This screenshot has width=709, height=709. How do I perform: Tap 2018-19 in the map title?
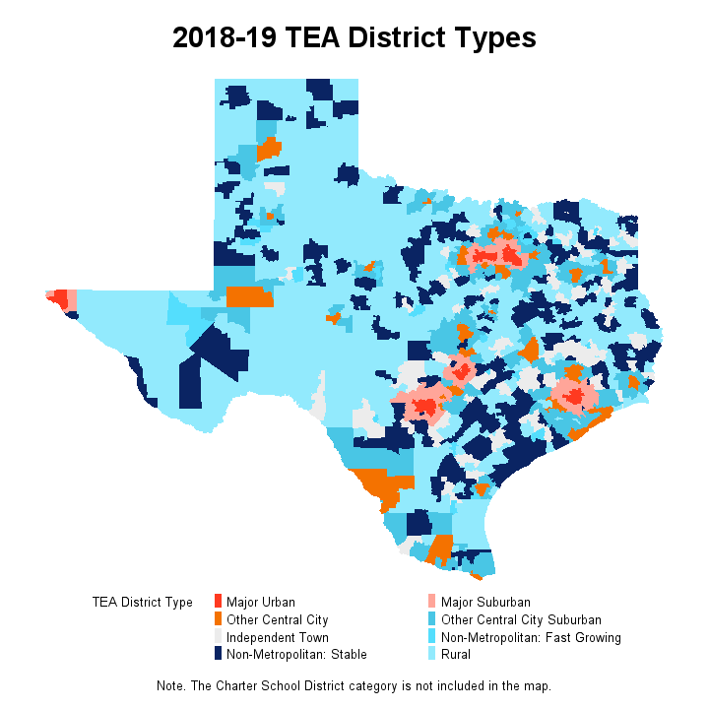pyautogui.click(x=225, y=38)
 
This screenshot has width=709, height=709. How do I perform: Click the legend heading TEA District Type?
pyautogui.click(x=142, y=603)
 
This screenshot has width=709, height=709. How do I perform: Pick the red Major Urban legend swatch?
pyautogui.click(x=218, y=603)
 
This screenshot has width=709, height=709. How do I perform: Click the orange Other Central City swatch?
pyautogui.click(x=218, y=620)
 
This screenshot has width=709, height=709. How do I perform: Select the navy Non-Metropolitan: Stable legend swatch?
pyautogui.click(x=218, y=654)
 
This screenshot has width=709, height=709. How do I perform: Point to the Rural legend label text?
pyautogui.click(x=457, y=654)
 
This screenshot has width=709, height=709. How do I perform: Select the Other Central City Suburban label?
pyautogui.click(x=521, y=620)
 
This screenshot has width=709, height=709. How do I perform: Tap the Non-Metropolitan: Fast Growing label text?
pyautogui.click(x=531, y=637)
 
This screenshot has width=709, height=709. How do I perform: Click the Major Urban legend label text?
pyautogui.click(x=260, y=603)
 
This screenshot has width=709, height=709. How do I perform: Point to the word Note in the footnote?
pyautogui.click(x=171, y=685)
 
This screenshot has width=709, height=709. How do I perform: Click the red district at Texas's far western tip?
pyautogui.click(x=60, y=298)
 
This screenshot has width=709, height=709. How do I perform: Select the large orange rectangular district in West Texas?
pyautogui.click(x=249, y=297)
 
